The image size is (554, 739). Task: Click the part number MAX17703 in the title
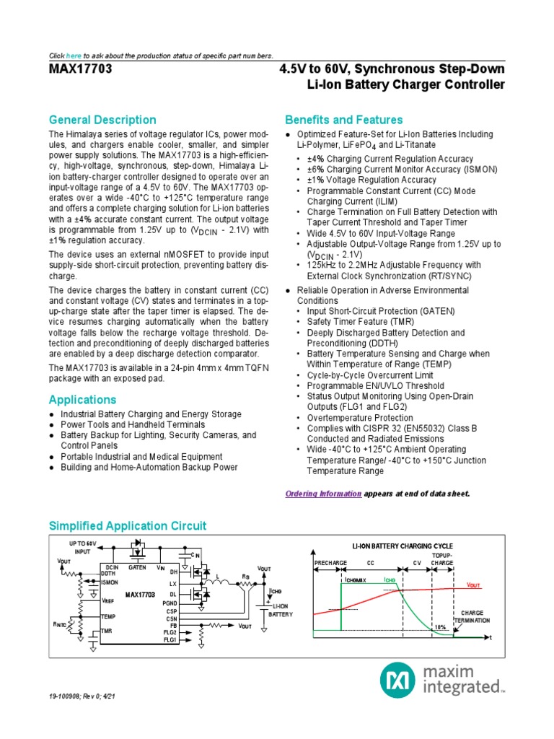pos(80,69)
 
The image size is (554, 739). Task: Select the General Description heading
pos(102,120)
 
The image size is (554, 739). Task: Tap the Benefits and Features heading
pos(343,120)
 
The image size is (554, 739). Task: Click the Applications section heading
pos(82,400)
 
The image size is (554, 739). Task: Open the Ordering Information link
pos(323,494)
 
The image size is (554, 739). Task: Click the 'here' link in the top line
pos(74,56)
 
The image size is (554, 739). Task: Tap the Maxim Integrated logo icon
pos(396,680)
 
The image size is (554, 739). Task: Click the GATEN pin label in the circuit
pos(137,567)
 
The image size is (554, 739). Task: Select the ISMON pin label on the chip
pos(110,582)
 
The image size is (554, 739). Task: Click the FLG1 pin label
pos(170,639)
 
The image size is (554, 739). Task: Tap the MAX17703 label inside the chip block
pos(140,594)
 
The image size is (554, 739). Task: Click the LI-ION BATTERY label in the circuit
pos(281,610)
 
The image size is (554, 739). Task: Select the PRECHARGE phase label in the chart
pos(330,561)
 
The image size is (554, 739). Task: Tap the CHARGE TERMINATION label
pos(472,616)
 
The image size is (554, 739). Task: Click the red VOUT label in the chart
pos(473,585)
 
